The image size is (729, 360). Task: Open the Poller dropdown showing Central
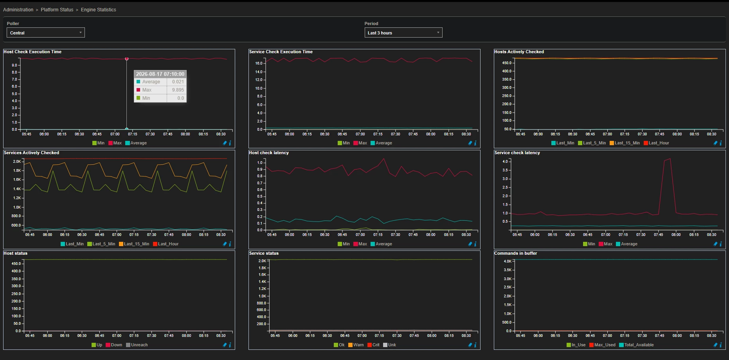pyautogui.click(x=45, y=33)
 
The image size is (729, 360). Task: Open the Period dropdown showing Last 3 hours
pyautogui.click(x=403, y=33)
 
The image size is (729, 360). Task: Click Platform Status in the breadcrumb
pyautogui.click(x=57, y=10)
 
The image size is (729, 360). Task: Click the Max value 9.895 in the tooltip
pyautogui.click(x=178, y=90)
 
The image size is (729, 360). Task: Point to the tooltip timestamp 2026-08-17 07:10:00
pyautogui.click(x=160, y=74)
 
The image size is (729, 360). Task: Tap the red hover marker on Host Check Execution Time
pyautogui.click(x=127, y=59)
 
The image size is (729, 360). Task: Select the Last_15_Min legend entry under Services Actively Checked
pyautogui.click(x=134, y=244)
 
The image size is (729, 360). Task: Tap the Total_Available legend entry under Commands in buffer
pyautogui.click(x=636, y=345)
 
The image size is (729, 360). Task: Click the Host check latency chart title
pyautogui.click(x=269, y=153)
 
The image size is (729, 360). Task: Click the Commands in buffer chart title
pyautogui.click(x=515, y=254)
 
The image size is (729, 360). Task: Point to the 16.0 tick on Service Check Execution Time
pyautogui.click(x=259, y=63)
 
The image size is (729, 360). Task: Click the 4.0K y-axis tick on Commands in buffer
pyautogui.click(x=508, y=261)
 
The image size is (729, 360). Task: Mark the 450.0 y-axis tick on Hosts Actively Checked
pyautogui.click(x=507, y=63)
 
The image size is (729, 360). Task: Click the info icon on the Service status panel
pyautogui.click(x=475, y=345)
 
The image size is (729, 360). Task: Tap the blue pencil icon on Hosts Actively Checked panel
pyautogui.click(x=715, y=143)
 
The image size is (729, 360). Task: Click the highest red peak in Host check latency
pyautogui.click(x=384, y=158)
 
